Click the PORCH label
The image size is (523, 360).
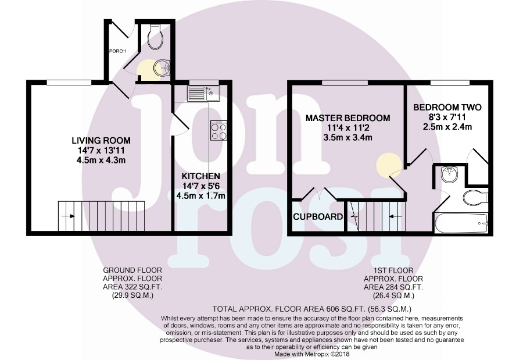[118, 51]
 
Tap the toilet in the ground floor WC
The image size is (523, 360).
[155, 37]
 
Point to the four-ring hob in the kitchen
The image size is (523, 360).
[218, 131]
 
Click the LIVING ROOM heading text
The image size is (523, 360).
[101, 140]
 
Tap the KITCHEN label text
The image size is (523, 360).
[200, 176]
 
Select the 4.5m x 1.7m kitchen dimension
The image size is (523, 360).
[200, 195]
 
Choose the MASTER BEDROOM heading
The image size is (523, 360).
[348, 118]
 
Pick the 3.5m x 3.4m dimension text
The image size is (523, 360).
[348, 138]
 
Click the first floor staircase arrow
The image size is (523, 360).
[391, 216]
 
